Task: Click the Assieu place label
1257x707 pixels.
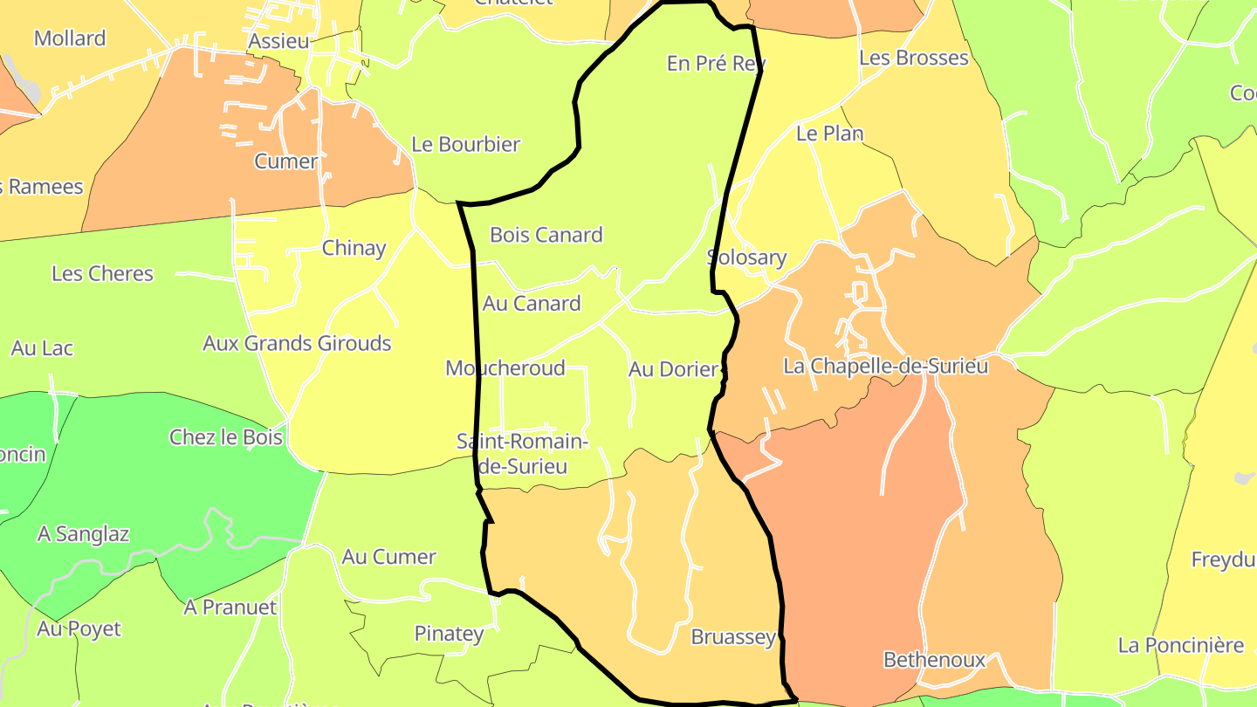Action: coord(278,42)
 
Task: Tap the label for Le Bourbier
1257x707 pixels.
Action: coord(465,145)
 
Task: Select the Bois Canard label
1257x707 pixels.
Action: coord(546,235)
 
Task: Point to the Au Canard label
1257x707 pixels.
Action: coord(532,304)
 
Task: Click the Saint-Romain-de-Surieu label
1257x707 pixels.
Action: coord(523,454)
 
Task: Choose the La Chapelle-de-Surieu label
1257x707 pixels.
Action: coord(886,367)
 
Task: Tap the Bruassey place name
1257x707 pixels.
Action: coord(733,637)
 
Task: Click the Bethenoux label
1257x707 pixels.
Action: coord(934,660)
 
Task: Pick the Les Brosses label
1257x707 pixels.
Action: coord(914,58)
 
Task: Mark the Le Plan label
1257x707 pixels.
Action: coord(829,134)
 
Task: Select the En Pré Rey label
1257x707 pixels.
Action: coord(716,64)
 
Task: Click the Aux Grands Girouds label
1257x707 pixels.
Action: coord(297,344)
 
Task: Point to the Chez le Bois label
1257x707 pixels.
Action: coord(226,437)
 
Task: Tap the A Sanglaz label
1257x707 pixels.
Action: coord(83,534)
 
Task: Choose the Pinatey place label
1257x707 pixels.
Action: coord(449,634)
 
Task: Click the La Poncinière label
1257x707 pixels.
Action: coord(1181,646)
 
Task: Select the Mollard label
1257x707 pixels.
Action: coord(70,38)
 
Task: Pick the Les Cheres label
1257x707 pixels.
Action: coord(102,274)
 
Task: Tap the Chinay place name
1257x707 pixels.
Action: coord(354,248)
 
